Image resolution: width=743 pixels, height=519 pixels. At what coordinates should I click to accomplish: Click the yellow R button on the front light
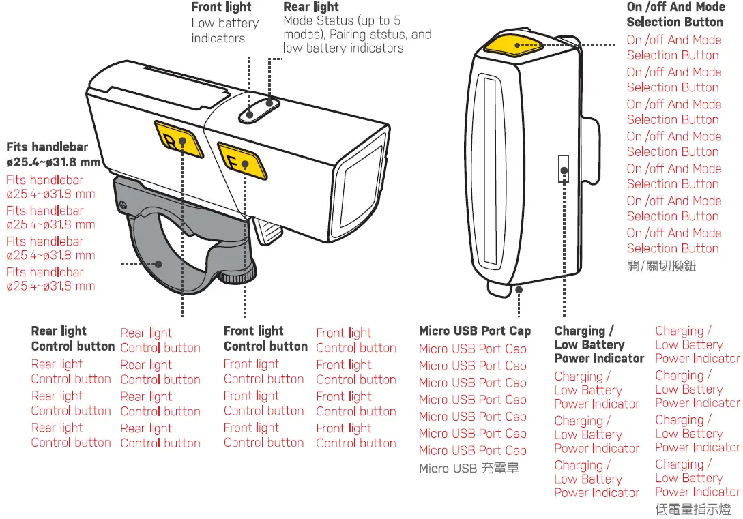(x=177, y=140)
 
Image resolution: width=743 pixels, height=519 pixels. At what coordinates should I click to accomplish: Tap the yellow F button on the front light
(x=241, y=161)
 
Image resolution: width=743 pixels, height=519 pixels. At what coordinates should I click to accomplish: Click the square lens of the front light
(x=359, y=185)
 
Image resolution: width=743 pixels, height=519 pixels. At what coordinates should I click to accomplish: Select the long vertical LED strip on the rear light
(x=490, y=170)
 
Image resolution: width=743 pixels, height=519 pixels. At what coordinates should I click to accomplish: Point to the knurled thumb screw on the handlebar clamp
(x=241, y=275)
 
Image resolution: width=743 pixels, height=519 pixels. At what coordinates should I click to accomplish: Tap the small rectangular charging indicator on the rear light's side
(x=564, y=168)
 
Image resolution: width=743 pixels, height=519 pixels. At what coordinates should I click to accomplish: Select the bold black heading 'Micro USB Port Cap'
(x=474, y=331)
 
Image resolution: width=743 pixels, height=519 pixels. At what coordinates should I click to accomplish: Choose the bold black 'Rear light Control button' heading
(x=72, y=338)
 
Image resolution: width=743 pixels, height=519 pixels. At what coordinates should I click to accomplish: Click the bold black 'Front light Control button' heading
(x=265, y=338)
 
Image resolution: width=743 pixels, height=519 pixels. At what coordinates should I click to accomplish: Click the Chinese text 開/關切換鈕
(x=661, y=266)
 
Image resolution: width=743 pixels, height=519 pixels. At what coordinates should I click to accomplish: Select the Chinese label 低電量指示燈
(x=693, y=509)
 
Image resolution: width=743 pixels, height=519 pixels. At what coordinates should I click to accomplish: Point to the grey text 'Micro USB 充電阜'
(x=468, y=469)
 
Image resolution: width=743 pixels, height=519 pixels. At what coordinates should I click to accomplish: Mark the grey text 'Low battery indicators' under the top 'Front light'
(x=224, y=31)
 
